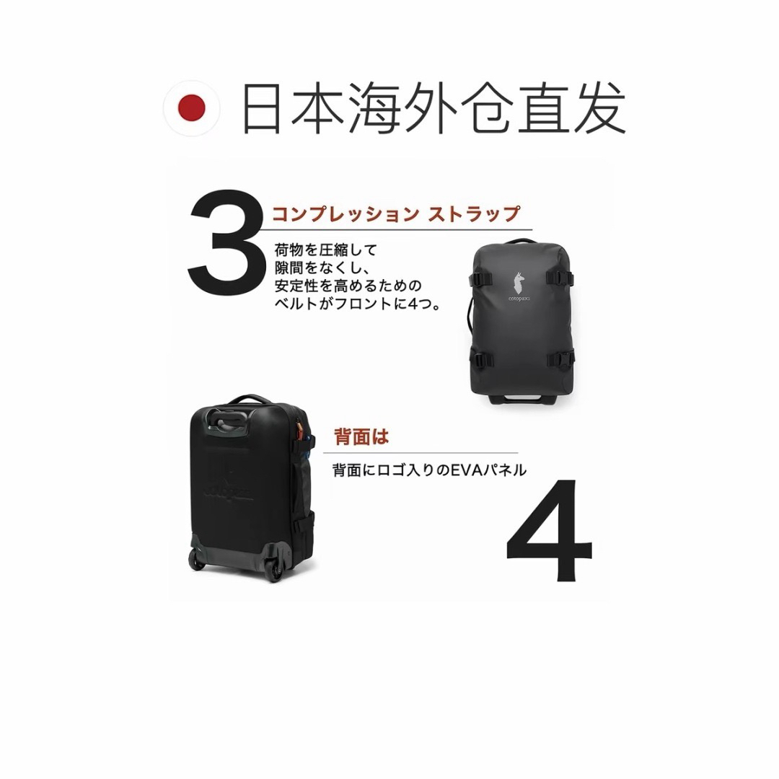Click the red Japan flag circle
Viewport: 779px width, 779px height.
[191, 108]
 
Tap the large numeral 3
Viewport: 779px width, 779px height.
[226, 242]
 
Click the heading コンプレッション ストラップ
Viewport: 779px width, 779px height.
[396, 214]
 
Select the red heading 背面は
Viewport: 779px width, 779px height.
[361, 437]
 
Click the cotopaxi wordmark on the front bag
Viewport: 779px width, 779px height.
[519, 299]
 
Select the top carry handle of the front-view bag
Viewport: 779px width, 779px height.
[521, 242]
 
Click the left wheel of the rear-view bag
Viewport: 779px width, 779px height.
[198, 560]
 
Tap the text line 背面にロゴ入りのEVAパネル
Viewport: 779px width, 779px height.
[429, 470]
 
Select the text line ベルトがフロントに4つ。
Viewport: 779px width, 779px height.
[358, 304]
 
